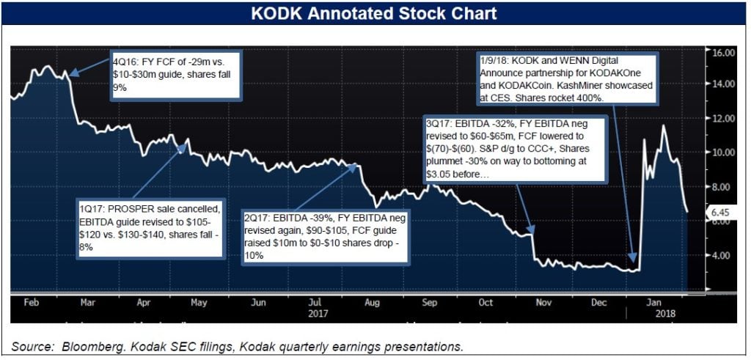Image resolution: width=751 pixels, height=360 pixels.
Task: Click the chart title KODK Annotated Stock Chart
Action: coord(374,13)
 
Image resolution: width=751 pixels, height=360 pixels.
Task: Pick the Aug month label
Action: coord(373,301)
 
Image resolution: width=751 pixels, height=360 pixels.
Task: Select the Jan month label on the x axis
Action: coord(651,301)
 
